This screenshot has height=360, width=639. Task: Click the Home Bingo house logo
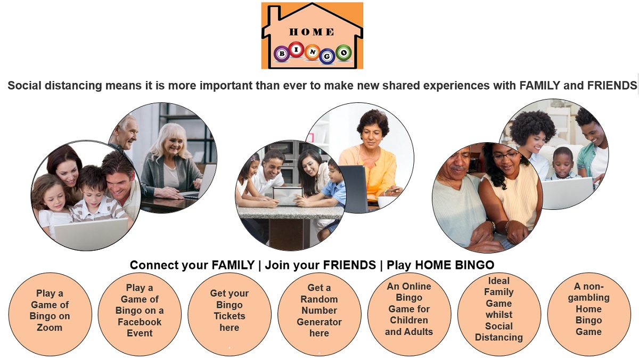click(312, 36)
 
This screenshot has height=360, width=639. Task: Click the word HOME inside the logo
click(312, 32)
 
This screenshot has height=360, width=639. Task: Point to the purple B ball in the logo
click(282, 53)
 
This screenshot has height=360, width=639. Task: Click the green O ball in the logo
click(343, 53)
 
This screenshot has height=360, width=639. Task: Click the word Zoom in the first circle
click(50, 328)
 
